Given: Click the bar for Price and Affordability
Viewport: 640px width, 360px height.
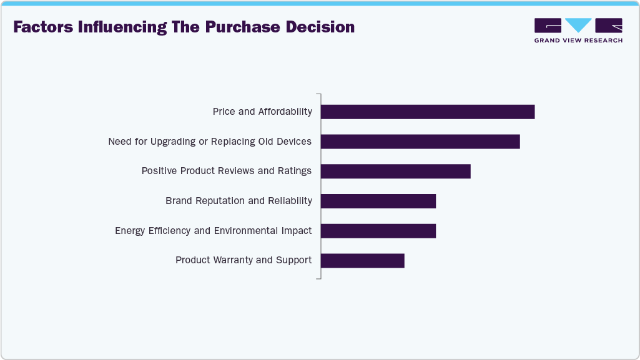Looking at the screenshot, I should (x=428, y=112).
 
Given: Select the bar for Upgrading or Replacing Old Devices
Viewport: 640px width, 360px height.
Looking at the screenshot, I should (x=420, y=142).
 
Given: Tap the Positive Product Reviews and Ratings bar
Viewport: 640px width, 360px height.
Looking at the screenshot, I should (x=395, y=171).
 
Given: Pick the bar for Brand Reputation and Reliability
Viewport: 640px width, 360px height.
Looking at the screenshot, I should (x=378, y=201).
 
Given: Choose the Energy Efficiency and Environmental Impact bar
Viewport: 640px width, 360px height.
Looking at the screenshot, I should (x=378, y=231).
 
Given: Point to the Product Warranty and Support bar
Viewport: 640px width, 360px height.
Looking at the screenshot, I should (x=363, y=260).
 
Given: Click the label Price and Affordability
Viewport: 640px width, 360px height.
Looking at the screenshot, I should (x=262, y=112).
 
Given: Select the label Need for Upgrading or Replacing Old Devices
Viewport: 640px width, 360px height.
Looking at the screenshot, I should (x=210, y=142).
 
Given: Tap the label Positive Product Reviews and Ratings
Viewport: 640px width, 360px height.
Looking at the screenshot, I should (x=227, y=171).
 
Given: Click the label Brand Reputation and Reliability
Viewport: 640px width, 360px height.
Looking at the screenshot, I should (x=239, y=201).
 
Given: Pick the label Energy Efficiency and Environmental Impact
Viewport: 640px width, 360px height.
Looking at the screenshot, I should (x=214, y=231).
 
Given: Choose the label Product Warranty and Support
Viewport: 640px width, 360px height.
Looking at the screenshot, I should (x=244, y=260).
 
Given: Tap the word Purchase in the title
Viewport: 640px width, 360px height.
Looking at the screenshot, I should (x=239, y=27).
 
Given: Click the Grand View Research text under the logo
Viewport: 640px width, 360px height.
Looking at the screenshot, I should (x=578, y=41).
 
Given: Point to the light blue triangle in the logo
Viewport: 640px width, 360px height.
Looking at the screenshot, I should (x=578, y=25).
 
